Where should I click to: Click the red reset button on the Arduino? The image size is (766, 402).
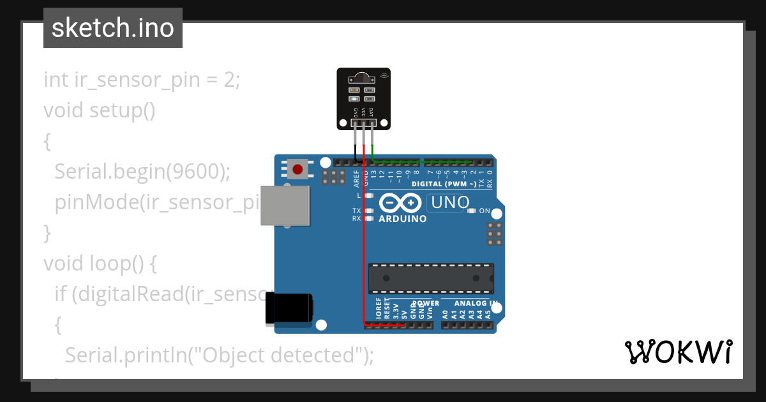click(x=297, y=169)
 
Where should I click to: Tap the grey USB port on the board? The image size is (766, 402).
click(x=285, y=205)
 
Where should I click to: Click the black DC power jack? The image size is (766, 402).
click(x=289, y=308)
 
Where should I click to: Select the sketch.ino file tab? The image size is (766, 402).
click(x=113, y=28)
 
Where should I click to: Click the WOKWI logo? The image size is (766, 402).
click(x=678, y=352)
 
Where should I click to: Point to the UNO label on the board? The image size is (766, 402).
click(x=450, y=203)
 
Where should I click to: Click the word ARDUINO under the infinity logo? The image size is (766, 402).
click(x=403, y=219)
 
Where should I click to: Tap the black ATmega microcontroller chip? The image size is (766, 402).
click(x=430, y=278)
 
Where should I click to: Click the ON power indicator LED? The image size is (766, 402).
click(x=472, y=211)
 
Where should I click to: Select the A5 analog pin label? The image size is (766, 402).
click(x=488, y=314)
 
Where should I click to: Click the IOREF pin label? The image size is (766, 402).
click(x=379, y=309)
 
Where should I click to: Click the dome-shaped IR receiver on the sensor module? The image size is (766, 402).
click(x=363, y=78)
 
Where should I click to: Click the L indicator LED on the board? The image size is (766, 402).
click(x=370, y=195)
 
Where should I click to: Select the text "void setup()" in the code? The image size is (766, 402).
click(x=100, y=110)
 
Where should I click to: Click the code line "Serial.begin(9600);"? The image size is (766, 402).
click(x=142, y=171)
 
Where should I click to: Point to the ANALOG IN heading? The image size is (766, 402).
click(x=476, y=303)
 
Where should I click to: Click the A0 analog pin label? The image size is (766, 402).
click(x=446, y=314)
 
